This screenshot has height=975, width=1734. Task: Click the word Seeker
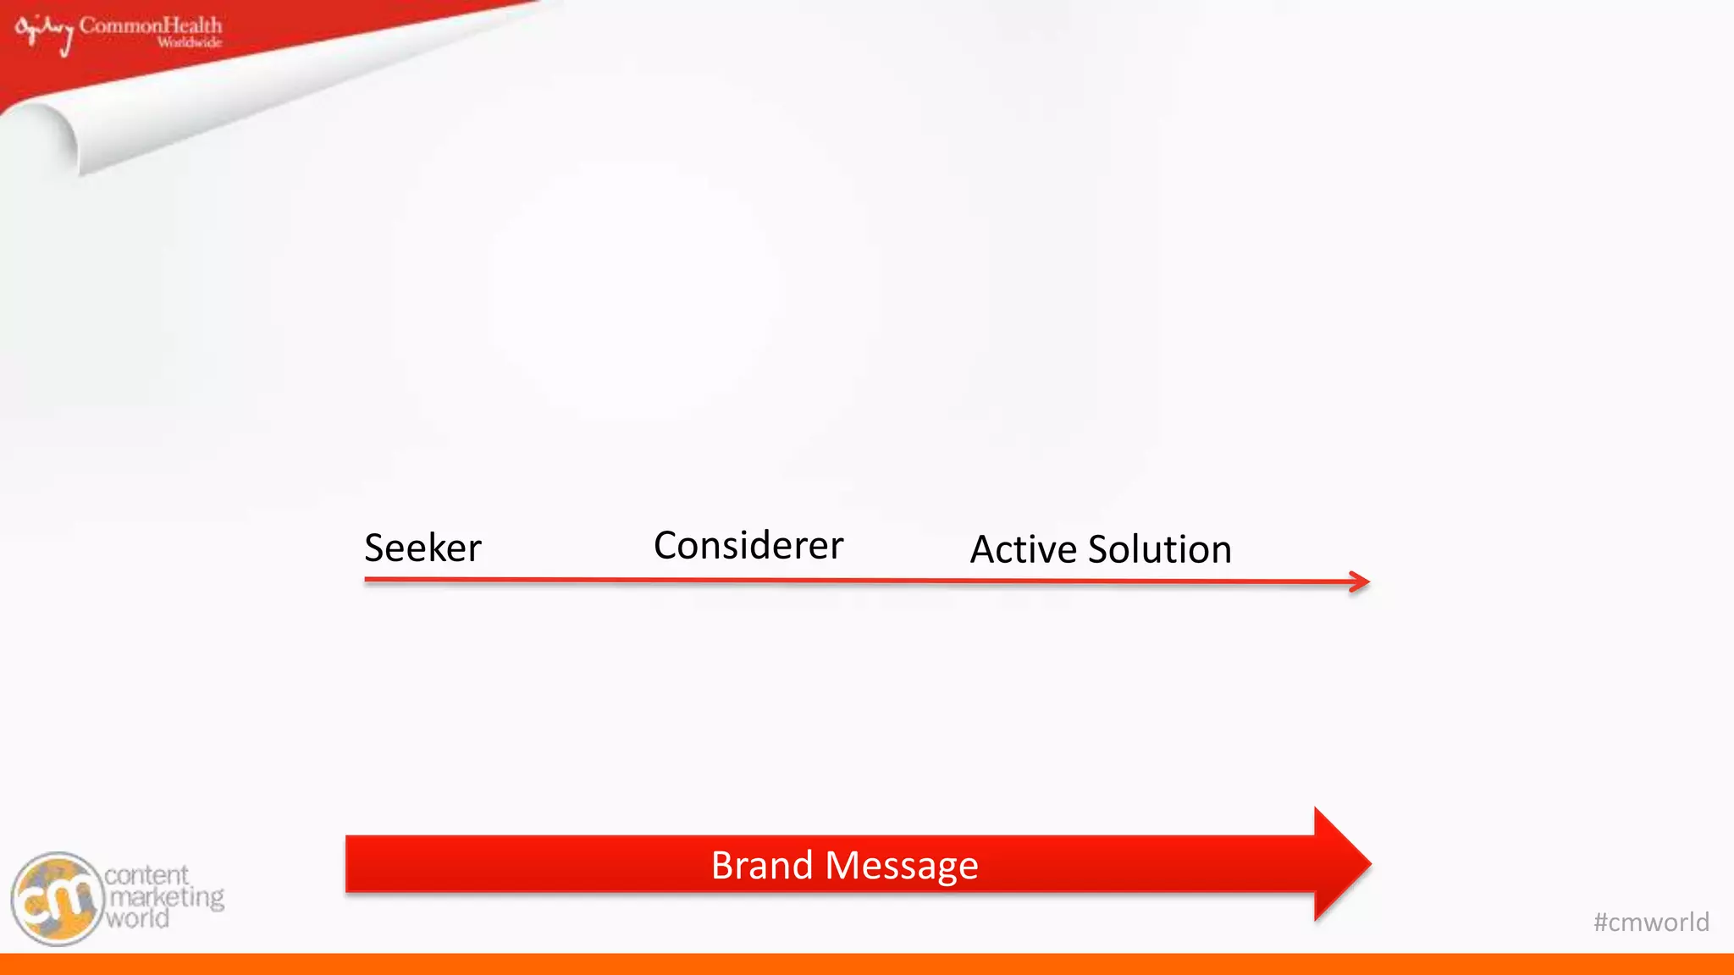422,548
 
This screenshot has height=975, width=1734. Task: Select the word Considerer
748,546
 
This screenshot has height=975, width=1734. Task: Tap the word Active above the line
1023,549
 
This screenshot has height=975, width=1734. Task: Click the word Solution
1159,549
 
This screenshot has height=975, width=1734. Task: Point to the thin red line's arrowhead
1361,581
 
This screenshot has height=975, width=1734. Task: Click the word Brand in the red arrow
761,865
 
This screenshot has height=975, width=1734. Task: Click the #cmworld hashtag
1650,922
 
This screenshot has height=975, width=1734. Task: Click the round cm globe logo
57,899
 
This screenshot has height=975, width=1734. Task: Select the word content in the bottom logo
146,875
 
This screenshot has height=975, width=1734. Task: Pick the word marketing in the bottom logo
166,897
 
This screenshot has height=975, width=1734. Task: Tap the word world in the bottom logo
137,918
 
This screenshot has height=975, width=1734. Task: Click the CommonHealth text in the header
151,25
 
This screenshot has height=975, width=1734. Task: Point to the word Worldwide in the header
189,42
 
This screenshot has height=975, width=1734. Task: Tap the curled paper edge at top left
51,135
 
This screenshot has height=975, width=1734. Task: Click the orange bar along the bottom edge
867,964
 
